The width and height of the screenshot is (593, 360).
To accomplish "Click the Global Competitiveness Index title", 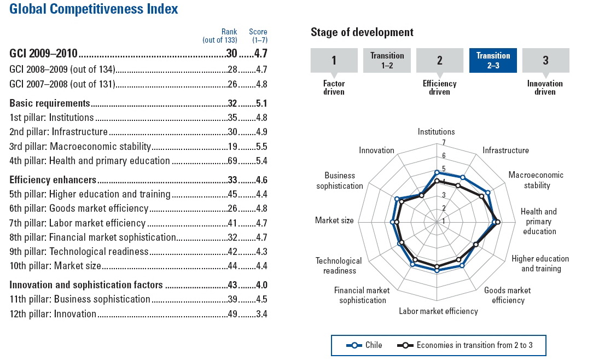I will click(x=94, y=9).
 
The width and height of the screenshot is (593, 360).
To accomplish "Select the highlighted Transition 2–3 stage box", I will click(x=493, y=60).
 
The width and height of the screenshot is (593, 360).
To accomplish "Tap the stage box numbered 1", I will click(x=334, y=60).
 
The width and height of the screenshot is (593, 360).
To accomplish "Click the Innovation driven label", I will click(x=545, y=88).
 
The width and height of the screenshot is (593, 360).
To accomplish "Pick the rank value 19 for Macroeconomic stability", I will click(x=232, y=146).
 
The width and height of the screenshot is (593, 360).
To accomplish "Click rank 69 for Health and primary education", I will click(x=232, y=161).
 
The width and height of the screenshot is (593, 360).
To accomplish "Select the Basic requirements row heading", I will click(x=50, y=103).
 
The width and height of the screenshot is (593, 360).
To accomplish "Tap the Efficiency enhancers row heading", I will click(x=53, y=179).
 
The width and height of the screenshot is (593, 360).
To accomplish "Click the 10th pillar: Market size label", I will click(x=55, y=266).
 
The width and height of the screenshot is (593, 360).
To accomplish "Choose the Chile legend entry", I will click(x=364, y=345).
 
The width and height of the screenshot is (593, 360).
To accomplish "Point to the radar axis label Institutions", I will click(x=436, y=132).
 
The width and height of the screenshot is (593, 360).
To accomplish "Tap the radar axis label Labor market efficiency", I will click(x=438, y=311).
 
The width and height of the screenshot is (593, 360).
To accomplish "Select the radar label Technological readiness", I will click(x=339, y=265).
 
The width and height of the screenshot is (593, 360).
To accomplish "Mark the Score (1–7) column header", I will click(x=258, y=36).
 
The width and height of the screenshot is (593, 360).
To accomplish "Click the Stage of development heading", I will click(x=362, y=32).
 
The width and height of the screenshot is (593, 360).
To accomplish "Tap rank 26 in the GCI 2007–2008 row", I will click(x=232, y=84).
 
